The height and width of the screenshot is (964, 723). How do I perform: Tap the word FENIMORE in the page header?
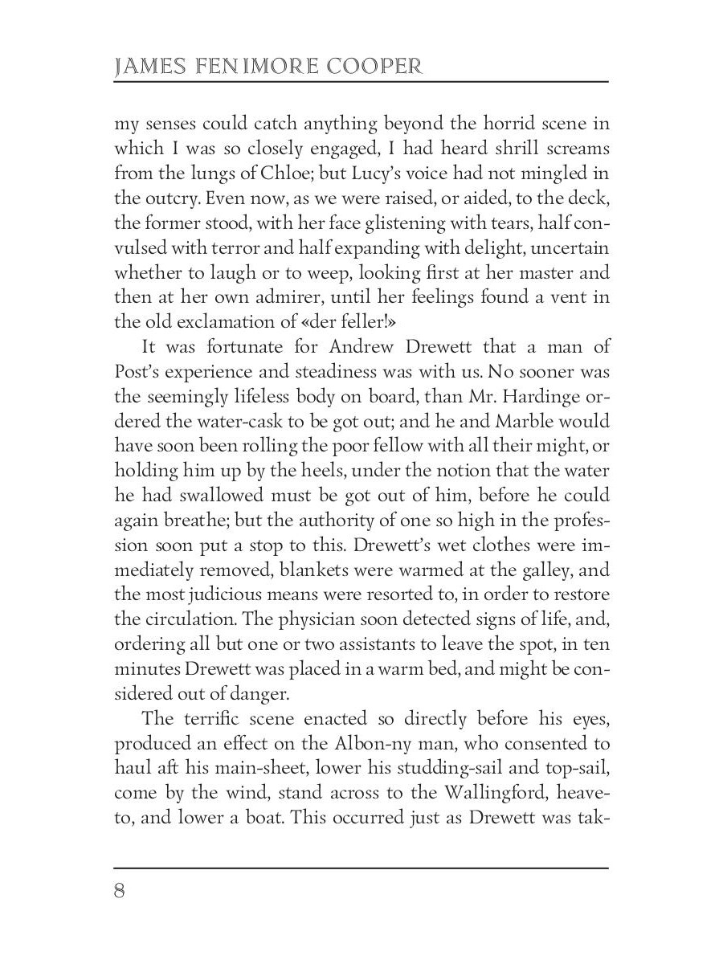(253, 67)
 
